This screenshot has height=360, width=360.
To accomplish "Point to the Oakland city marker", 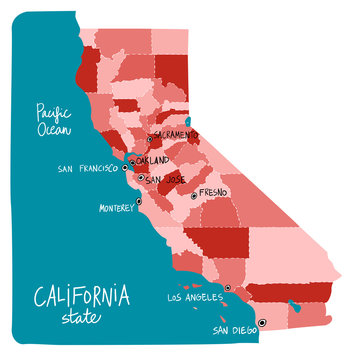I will pos(132,161).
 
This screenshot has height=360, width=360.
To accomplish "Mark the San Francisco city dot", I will pos(127,166).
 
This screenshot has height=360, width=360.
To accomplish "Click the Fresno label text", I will pos(214,191).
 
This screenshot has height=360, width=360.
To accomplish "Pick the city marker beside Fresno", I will pos(193,196).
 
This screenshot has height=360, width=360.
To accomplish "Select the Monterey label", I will pos(116,209).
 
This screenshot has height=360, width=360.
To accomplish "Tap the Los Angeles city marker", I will pos(228,288).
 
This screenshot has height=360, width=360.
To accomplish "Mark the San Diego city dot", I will pos(261,322).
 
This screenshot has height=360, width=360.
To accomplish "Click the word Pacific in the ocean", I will pos(47,111).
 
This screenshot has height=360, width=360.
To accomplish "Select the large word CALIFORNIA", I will pos(81,296).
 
